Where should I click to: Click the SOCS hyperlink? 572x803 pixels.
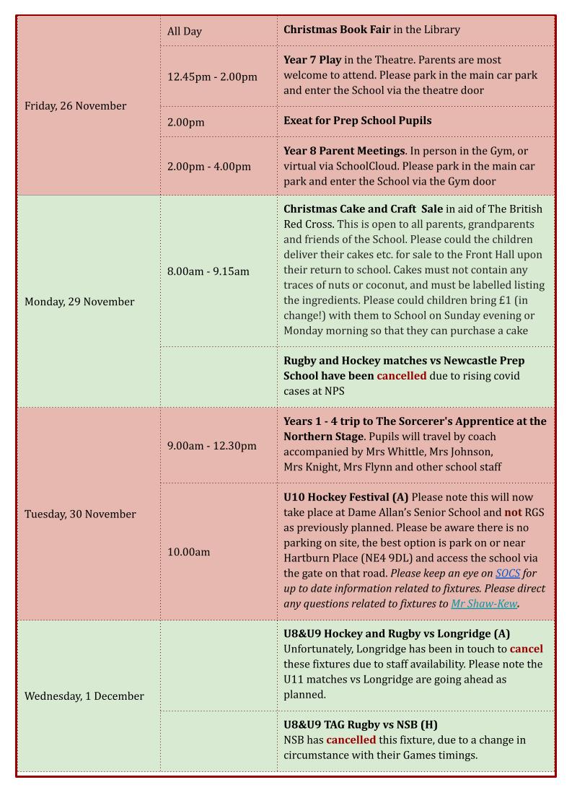coord(507,574)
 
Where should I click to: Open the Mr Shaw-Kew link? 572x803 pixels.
coord(484,604)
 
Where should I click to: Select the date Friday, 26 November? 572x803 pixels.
coord(75,106)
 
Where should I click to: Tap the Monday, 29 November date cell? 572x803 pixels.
coord(79,302)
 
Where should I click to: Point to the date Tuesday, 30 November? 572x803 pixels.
coord(80,514)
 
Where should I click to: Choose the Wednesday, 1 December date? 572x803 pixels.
coord(84,696)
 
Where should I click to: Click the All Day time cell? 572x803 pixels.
coord(185,31)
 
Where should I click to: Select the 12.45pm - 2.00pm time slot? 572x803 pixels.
coord(212,76)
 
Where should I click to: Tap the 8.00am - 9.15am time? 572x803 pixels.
coord(208,271)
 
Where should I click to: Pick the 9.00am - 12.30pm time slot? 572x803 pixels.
coord(211,446)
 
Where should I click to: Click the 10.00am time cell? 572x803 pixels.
coord(188,552)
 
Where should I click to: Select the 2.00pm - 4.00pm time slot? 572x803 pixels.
coord(209,166)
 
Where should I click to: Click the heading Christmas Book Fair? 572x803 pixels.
coord(337,30)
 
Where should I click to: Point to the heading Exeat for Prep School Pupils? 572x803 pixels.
coord(357,120)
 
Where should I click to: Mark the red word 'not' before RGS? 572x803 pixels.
coord(513,512)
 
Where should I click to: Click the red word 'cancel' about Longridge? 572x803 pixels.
coord(526,649)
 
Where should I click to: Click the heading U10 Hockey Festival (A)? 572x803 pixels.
coord(346,497)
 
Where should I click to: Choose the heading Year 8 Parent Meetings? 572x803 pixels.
coord(344,151)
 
